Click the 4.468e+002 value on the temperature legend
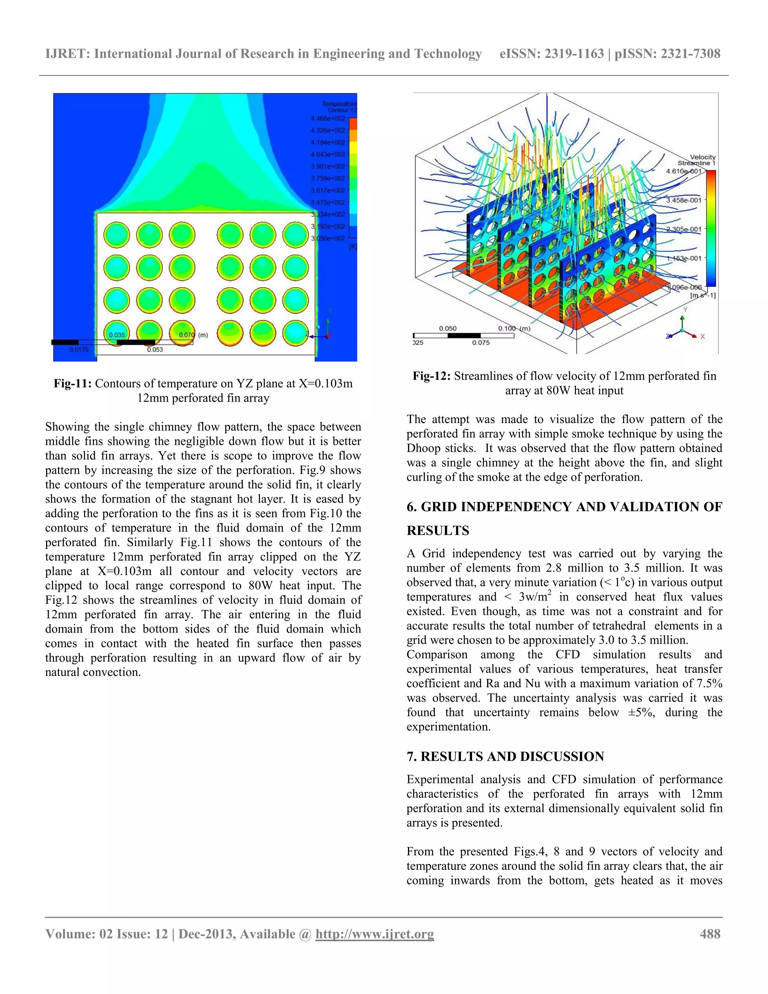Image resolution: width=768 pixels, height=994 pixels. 328,118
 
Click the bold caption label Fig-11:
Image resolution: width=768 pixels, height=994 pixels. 73,383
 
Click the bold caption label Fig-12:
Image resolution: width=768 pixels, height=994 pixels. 431,376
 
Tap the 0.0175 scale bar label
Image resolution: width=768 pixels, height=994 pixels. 79,350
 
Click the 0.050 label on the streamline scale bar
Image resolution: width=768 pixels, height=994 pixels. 448,328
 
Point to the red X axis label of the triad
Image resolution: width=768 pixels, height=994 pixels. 702,336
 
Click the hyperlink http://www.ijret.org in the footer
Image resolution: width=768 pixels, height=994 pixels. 375,934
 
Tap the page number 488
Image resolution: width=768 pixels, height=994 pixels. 710,934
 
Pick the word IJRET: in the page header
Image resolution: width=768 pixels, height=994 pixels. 68,54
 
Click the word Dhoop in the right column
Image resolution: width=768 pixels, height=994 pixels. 421,448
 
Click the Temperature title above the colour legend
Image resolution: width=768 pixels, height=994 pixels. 339,104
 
